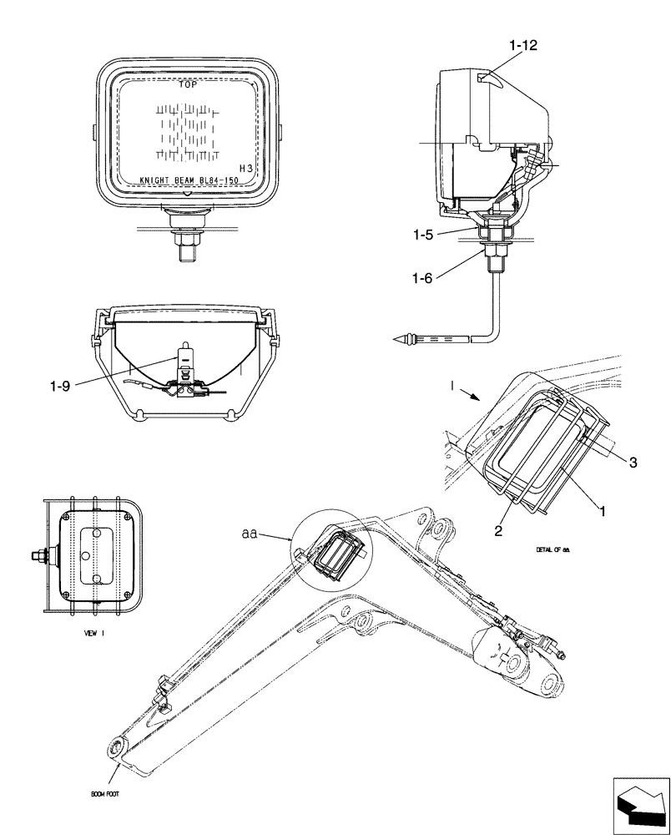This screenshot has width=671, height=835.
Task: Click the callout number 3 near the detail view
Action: coord(633,462)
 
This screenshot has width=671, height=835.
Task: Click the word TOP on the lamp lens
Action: coord(189,84)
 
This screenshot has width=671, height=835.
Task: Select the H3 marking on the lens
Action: coord(246,167)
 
